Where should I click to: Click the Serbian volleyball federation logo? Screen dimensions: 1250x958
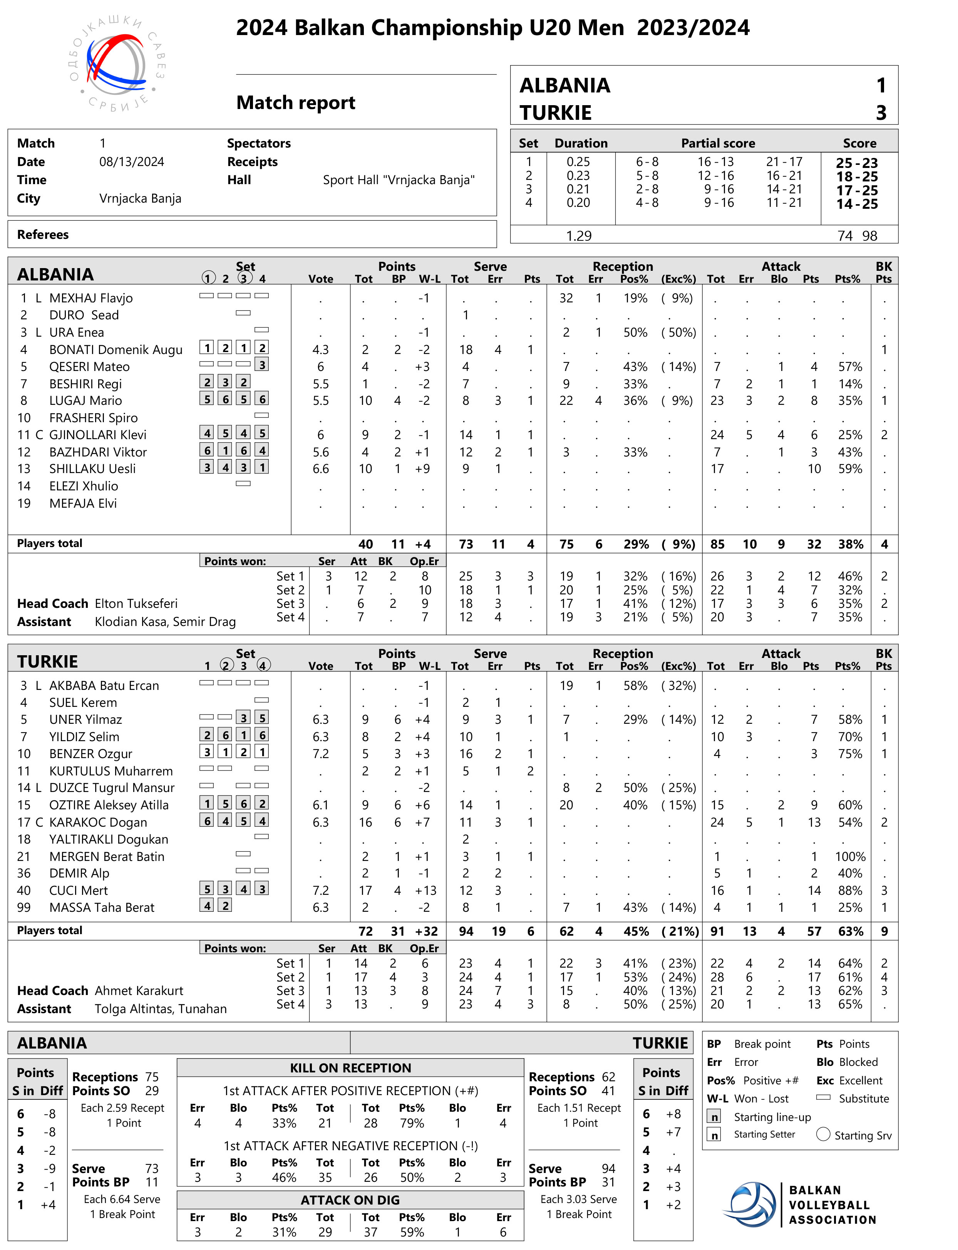pyautogui.click(x=117, y=64)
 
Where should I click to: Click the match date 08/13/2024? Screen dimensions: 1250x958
pyautogui.click(x=132, y=162)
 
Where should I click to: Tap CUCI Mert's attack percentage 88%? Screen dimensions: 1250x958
pyautogui.click(x=850, y=891)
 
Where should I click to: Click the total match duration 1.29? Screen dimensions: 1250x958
pyautogui.click(x=578, y=236)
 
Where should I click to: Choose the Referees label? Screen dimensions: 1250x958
pyautogui.click(x=43, y=235)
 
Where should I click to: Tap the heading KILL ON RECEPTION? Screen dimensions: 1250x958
pyautogui.click(x=350, y=1069)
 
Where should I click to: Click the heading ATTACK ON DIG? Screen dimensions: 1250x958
pyautogui.click(x=350, y=1200)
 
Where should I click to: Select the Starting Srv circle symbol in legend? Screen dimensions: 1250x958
pyautogui.click(x=823, y=1134)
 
